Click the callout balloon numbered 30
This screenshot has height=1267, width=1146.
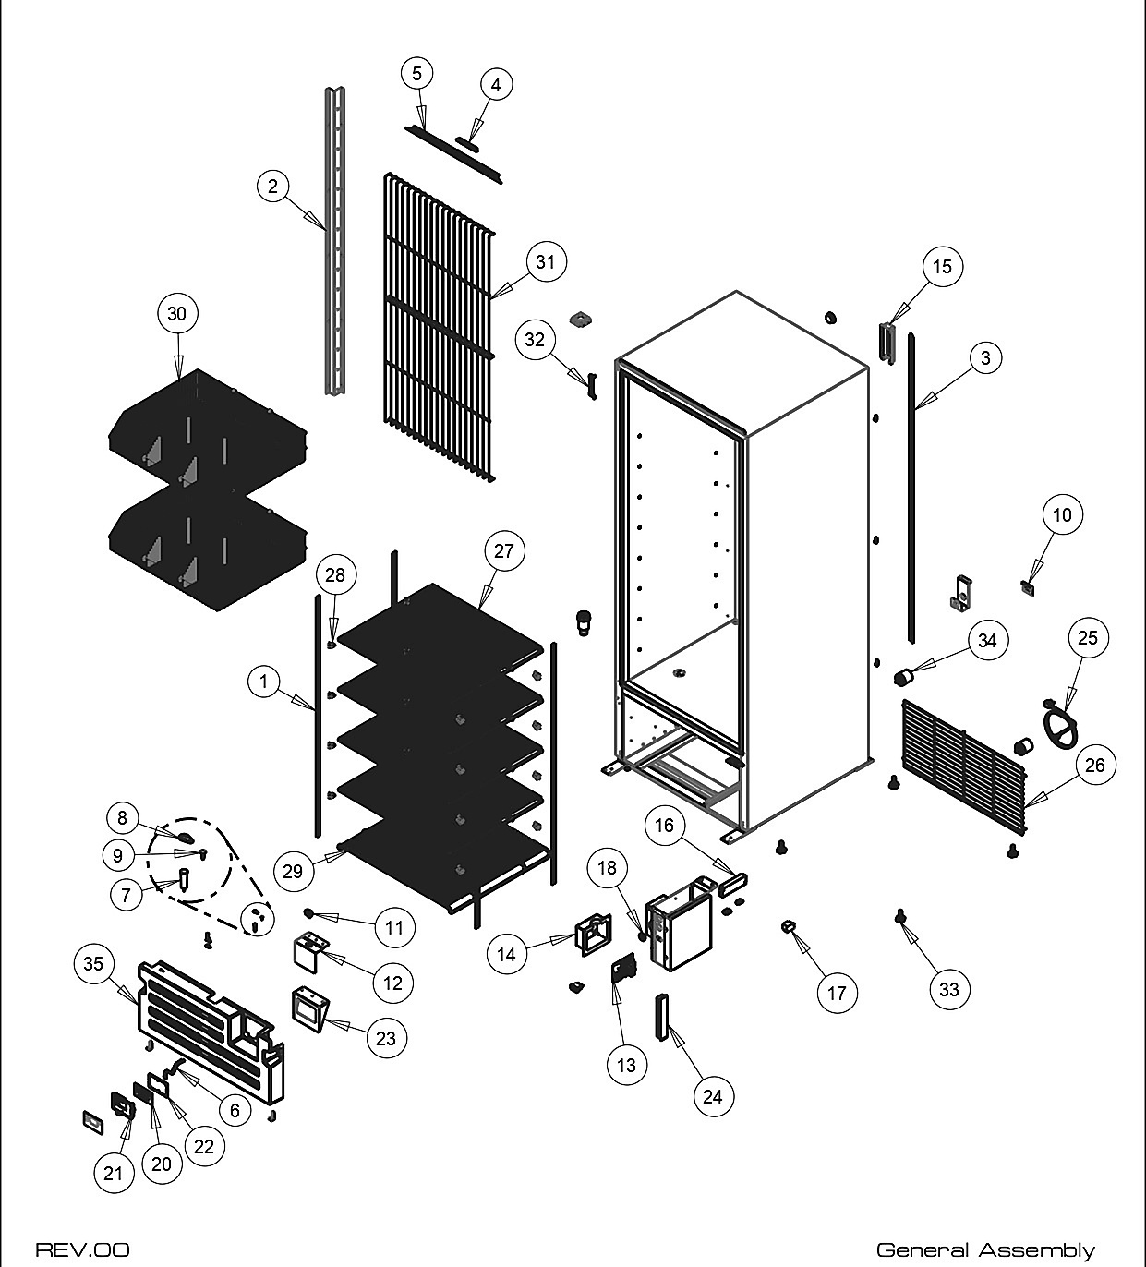point(177,313)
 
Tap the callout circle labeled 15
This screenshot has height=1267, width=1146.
point(942,267)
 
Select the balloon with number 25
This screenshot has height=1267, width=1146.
point(1087,638)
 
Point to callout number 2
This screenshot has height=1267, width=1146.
point(273,187)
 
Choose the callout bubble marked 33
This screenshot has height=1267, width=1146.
point(949,990)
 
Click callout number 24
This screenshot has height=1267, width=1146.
point(712,1097)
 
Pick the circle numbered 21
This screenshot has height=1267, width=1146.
point(113,1174)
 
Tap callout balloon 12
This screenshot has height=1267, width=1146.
point(393,983)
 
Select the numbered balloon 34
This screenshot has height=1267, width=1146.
point(987,641)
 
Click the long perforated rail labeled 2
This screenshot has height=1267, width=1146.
point(334,240)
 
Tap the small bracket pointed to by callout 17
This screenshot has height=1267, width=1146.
point(789,926)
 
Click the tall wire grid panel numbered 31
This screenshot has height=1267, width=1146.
point(439,327)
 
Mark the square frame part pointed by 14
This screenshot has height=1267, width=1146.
point(593,935)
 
